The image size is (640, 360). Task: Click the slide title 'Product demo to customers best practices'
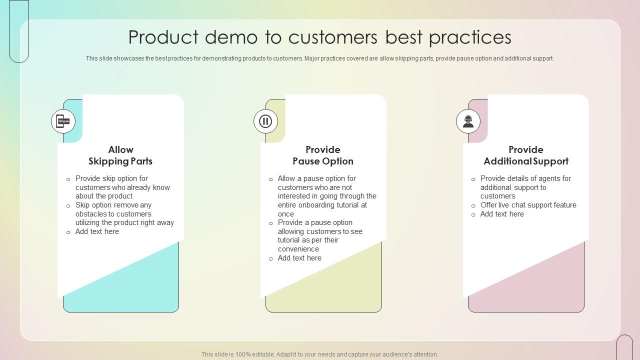[320, 37]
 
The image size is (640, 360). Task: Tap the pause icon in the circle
[265, 121]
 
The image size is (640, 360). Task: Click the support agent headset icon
[468, 121]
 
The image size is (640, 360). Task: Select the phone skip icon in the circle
[63, 121]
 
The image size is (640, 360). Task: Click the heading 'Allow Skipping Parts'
[120, 155]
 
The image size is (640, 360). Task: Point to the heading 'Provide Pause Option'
[323, 155]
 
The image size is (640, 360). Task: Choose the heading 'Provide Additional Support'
[525, 155]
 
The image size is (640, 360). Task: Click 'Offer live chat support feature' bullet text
[528, 205]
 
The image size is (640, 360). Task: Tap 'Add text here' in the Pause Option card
[299, 258]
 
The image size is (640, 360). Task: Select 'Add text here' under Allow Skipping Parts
[97, 231]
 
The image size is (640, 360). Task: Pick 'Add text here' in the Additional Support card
[502, 214]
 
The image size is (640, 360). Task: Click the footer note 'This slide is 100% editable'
[320, 354]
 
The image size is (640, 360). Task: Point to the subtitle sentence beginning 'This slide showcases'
[320, 58]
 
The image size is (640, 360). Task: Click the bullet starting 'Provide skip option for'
[122, 187]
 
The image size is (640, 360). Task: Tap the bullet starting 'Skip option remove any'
[124, 214]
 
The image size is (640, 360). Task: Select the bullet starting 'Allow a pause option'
[327, 196]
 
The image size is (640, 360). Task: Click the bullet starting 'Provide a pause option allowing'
[320, 236]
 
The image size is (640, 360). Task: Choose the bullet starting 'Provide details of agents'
[525, 187]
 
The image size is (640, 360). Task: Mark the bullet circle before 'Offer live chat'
[473, 205]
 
